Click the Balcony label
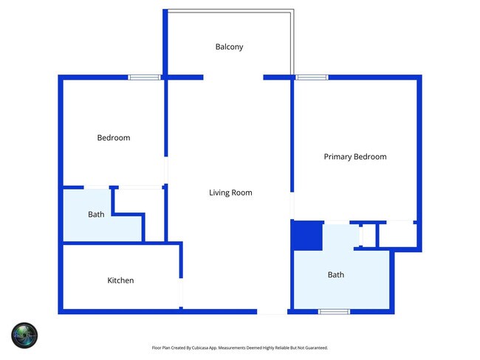[x=229, y=46]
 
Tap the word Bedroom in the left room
[x=114, y=138]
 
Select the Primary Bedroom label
[x=354, y=156]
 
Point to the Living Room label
[x=230, y=193]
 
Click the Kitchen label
[x=120, y=280]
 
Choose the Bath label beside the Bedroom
[x=96, y=215]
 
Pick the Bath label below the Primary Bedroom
[x=336, y=275]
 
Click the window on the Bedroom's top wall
[x=144, y=77]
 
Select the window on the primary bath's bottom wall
[x=334, y=311]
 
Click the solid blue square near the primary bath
[x=307, y=236]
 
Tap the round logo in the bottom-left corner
[x=24, y=336]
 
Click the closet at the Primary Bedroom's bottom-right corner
[x=397, y=235]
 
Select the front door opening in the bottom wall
[x=272, y=311]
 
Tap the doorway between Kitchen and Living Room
[x=181, y=293]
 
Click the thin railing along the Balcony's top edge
[x=229, y=10]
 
